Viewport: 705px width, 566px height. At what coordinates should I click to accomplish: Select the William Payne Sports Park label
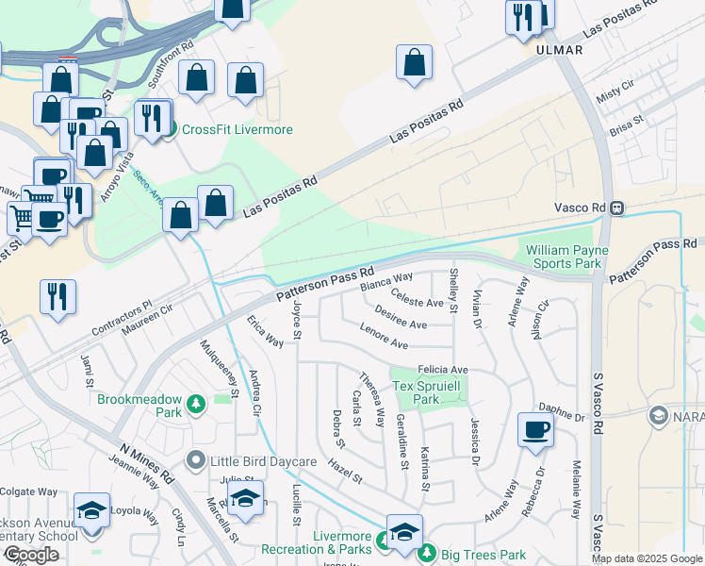[566, 257]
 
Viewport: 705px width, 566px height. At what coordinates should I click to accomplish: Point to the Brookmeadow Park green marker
[196, 405]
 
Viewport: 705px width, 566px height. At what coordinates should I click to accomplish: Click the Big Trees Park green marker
[428, 552]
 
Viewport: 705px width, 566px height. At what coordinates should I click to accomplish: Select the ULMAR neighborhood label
[559, 49]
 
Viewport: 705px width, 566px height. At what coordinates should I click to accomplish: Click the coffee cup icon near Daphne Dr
[535, 429]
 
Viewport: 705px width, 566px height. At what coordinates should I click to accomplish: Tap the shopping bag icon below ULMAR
[415, 64]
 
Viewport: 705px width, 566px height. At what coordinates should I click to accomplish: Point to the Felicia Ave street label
[443, 369]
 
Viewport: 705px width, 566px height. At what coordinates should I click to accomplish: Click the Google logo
[32, 555]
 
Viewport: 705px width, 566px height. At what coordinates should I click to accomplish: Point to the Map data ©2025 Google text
[647, 558]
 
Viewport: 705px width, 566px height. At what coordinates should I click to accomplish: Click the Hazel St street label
[346, 472]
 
